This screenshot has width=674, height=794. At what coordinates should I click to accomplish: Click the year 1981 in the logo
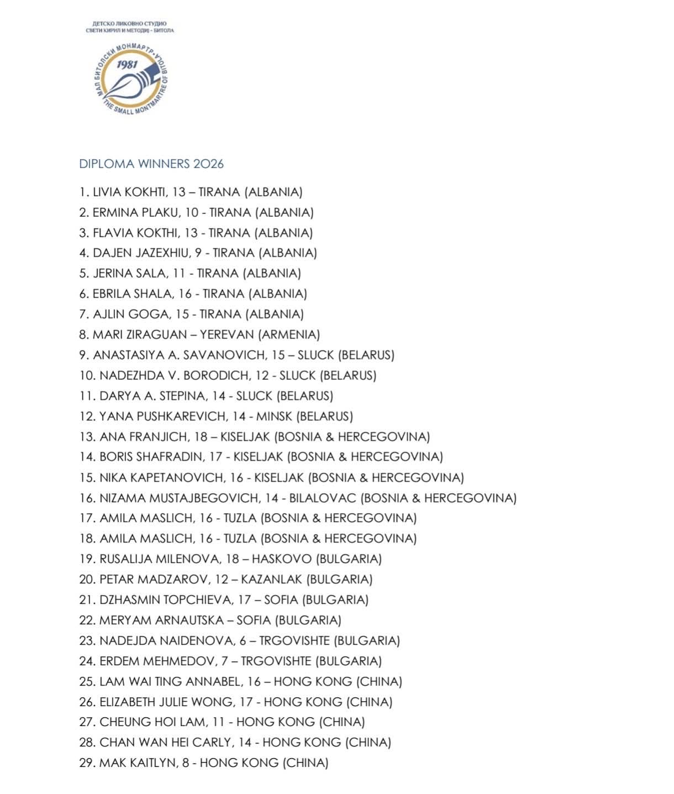tap(127, 65)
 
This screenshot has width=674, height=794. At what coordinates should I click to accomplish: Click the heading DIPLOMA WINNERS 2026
tap(151, 164)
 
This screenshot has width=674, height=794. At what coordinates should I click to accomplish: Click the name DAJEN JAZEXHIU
tap(140, 253)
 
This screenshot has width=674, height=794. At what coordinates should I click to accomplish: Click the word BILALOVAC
tap(323, 498)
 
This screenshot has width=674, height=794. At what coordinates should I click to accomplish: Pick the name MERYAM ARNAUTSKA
tap(161, 620)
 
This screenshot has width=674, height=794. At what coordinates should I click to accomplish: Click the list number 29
tap(87, 763)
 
